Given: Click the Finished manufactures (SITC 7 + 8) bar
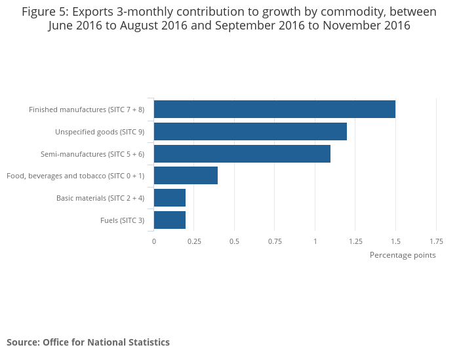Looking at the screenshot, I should point(274,110).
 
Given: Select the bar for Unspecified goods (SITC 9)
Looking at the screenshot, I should point(250,132).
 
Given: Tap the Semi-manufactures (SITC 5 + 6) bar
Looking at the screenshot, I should point(242,154).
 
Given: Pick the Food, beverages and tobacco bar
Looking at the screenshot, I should point(186,176).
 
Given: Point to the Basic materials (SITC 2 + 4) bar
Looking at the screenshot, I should point(170,198).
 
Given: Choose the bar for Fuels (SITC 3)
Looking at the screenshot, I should point(170,220).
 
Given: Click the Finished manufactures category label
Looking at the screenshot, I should point(87,110).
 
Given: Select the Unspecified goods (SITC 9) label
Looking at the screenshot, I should point(100,132).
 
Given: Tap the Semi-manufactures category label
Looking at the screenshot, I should point(92,154).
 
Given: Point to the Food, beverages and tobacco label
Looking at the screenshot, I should point(75,176).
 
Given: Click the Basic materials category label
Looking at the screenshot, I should point(100,198).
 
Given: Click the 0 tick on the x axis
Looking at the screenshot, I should point(154,241).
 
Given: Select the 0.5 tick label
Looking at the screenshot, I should point(234,241).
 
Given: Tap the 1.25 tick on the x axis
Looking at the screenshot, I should point(355,241).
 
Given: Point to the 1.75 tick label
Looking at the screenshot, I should point(436,241).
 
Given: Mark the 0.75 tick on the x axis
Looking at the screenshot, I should point(275,241).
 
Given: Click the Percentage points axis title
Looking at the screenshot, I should point(403,255).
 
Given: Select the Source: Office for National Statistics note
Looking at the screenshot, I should point(88,342).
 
